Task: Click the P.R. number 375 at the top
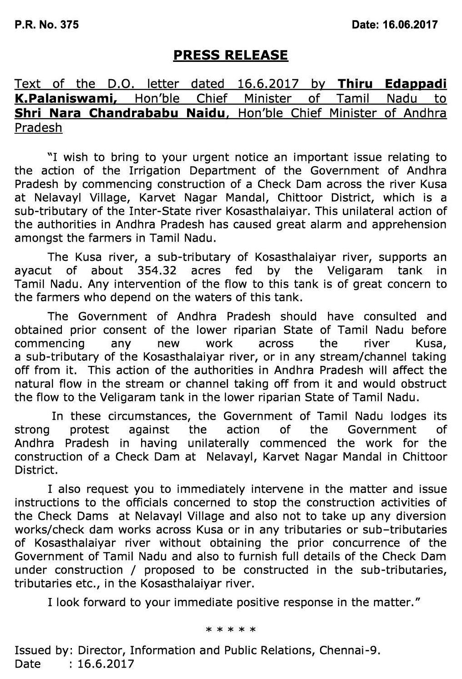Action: [x=69, y=25]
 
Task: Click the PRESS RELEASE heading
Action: [x=230, y=56]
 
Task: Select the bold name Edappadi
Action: [x=416, y=84]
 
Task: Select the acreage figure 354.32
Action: [x=157, y=270]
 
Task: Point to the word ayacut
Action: [x=33, y=270]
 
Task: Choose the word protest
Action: [x=89, y=430]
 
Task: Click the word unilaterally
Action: [x=212, y=443]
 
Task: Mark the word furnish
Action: [x=235, y=556]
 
